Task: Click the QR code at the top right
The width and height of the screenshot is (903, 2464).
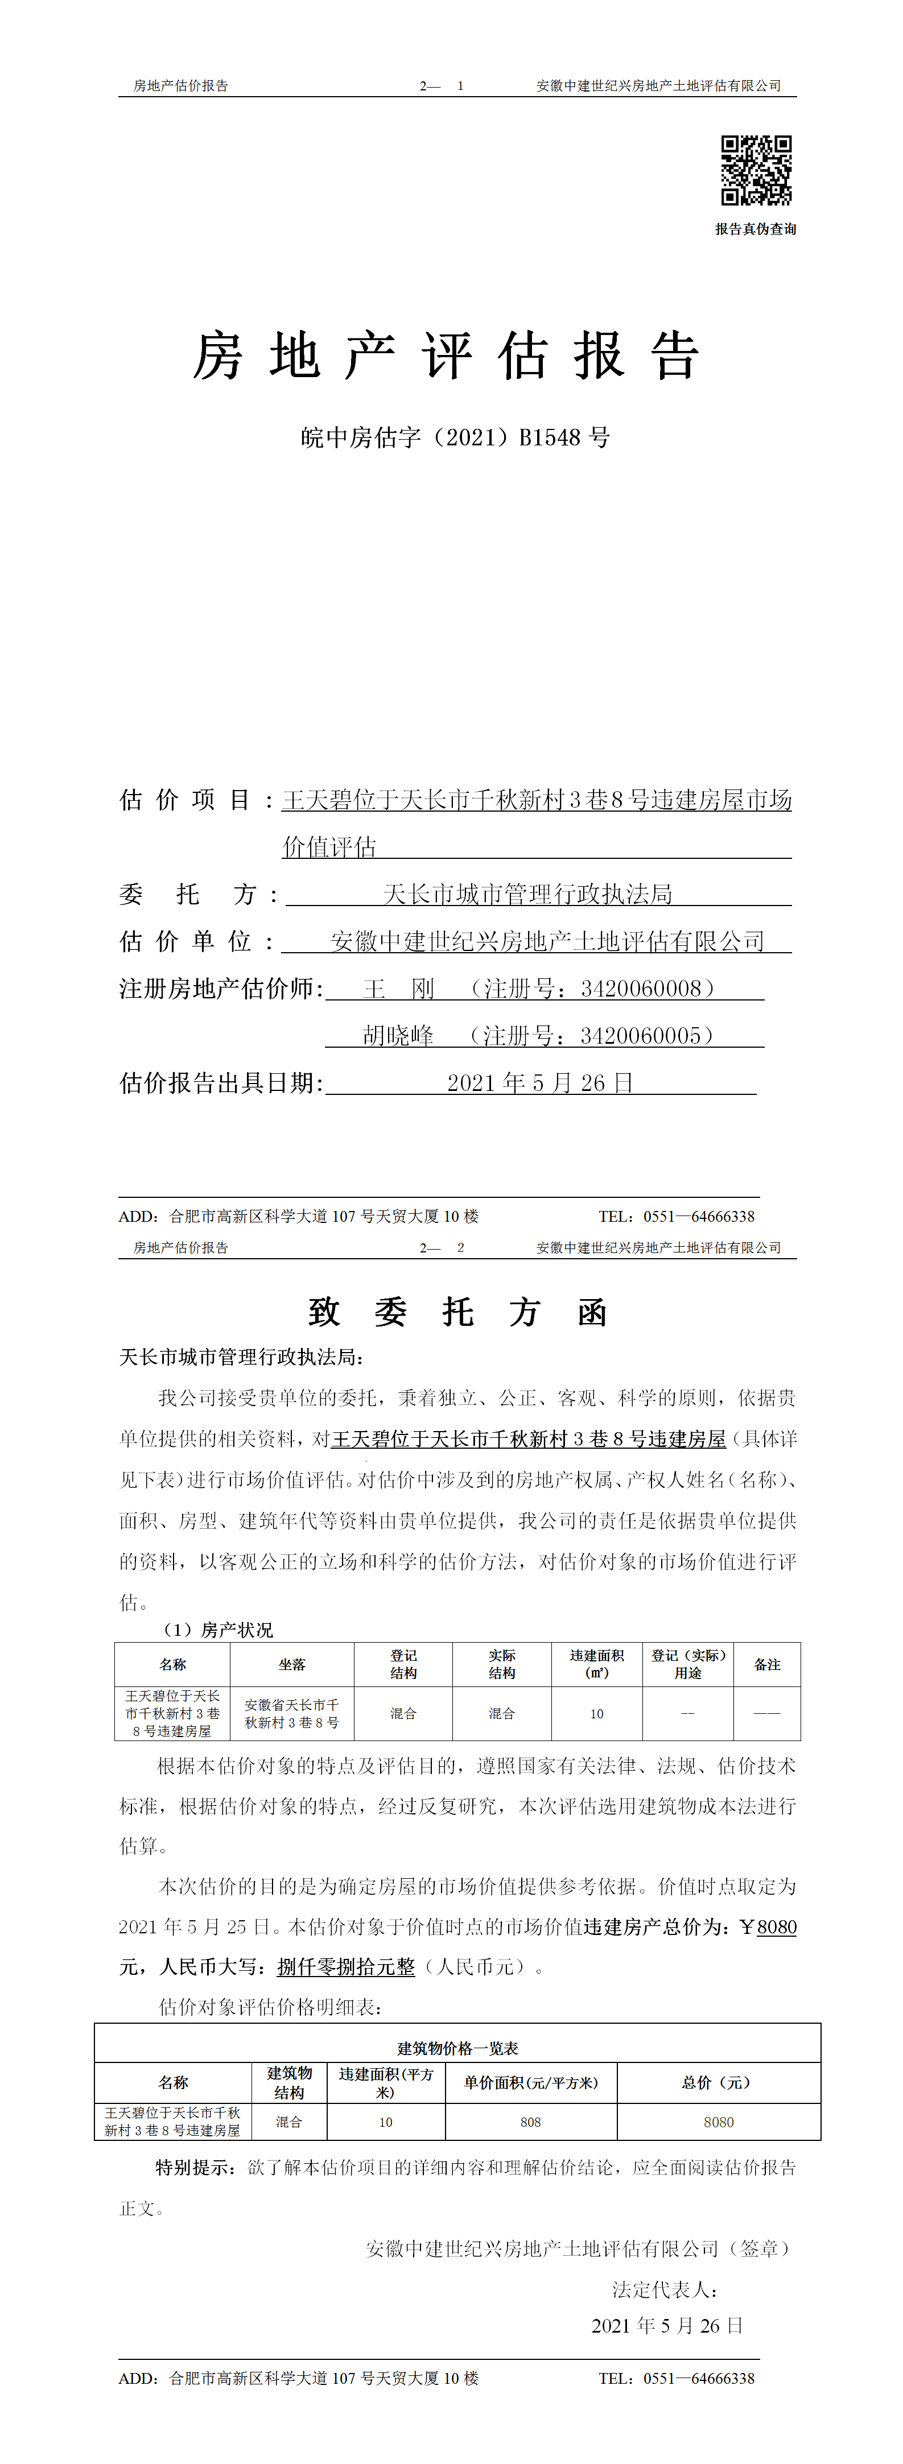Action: point(756,170)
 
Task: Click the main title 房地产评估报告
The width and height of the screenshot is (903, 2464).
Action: point(447,357)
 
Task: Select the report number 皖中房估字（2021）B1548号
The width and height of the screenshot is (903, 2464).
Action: point(455,438)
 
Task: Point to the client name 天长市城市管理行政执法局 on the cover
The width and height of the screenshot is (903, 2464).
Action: point(527,894)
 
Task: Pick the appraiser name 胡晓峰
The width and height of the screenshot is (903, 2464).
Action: point(398,1036)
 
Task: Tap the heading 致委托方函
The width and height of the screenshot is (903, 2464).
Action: point(457,1312)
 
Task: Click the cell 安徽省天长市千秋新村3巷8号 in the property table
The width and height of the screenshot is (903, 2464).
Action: point(292,1713)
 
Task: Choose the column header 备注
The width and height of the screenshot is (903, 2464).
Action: point(767,1664)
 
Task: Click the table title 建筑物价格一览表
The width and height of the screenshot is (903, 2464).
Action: point(457,2048)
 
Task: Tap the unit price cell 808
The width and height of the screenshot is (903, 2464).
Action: point(531,2122)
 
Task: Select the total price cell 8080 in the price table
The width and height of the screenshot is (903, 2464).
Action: point(719,2122)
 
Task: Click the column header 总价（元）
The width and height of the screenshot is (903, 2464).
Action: point(719,2082)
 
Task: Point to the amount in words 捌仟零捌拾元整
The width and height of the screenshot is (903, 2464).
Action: point(347,1967)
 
